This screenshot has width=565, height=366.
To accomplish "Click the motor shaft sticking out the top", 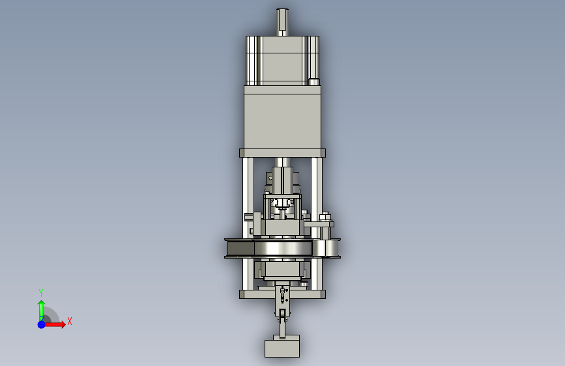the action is click(x=282, y=22).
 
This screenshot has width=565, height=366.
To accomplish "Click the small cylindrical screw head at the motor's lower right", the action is click(x=314, y=82).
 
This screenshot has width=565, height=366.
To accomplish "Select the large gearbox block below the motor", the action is click(x=283, y=117).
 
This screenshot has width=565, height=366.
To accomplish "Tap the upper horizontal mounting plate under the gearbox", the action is click(x=283, y=153).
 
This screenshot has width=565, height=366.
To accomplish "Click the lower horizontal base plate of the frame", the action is click(x=283, y=294).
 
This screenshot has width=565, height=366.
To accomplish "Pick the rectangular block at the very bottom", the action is click(x=282, y=348).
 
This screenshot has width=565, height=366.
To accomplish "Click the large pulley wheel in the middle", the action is click(x=268, y=249).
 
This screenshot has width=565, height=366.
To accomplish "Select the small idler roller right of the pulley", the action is click(x=326, y=249).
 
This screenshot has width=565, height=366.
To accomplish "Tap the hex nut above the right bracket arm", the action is click(x=325, y=217).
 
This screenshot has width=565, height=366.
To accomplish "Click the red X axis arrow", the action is click(x=54, y=324).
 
